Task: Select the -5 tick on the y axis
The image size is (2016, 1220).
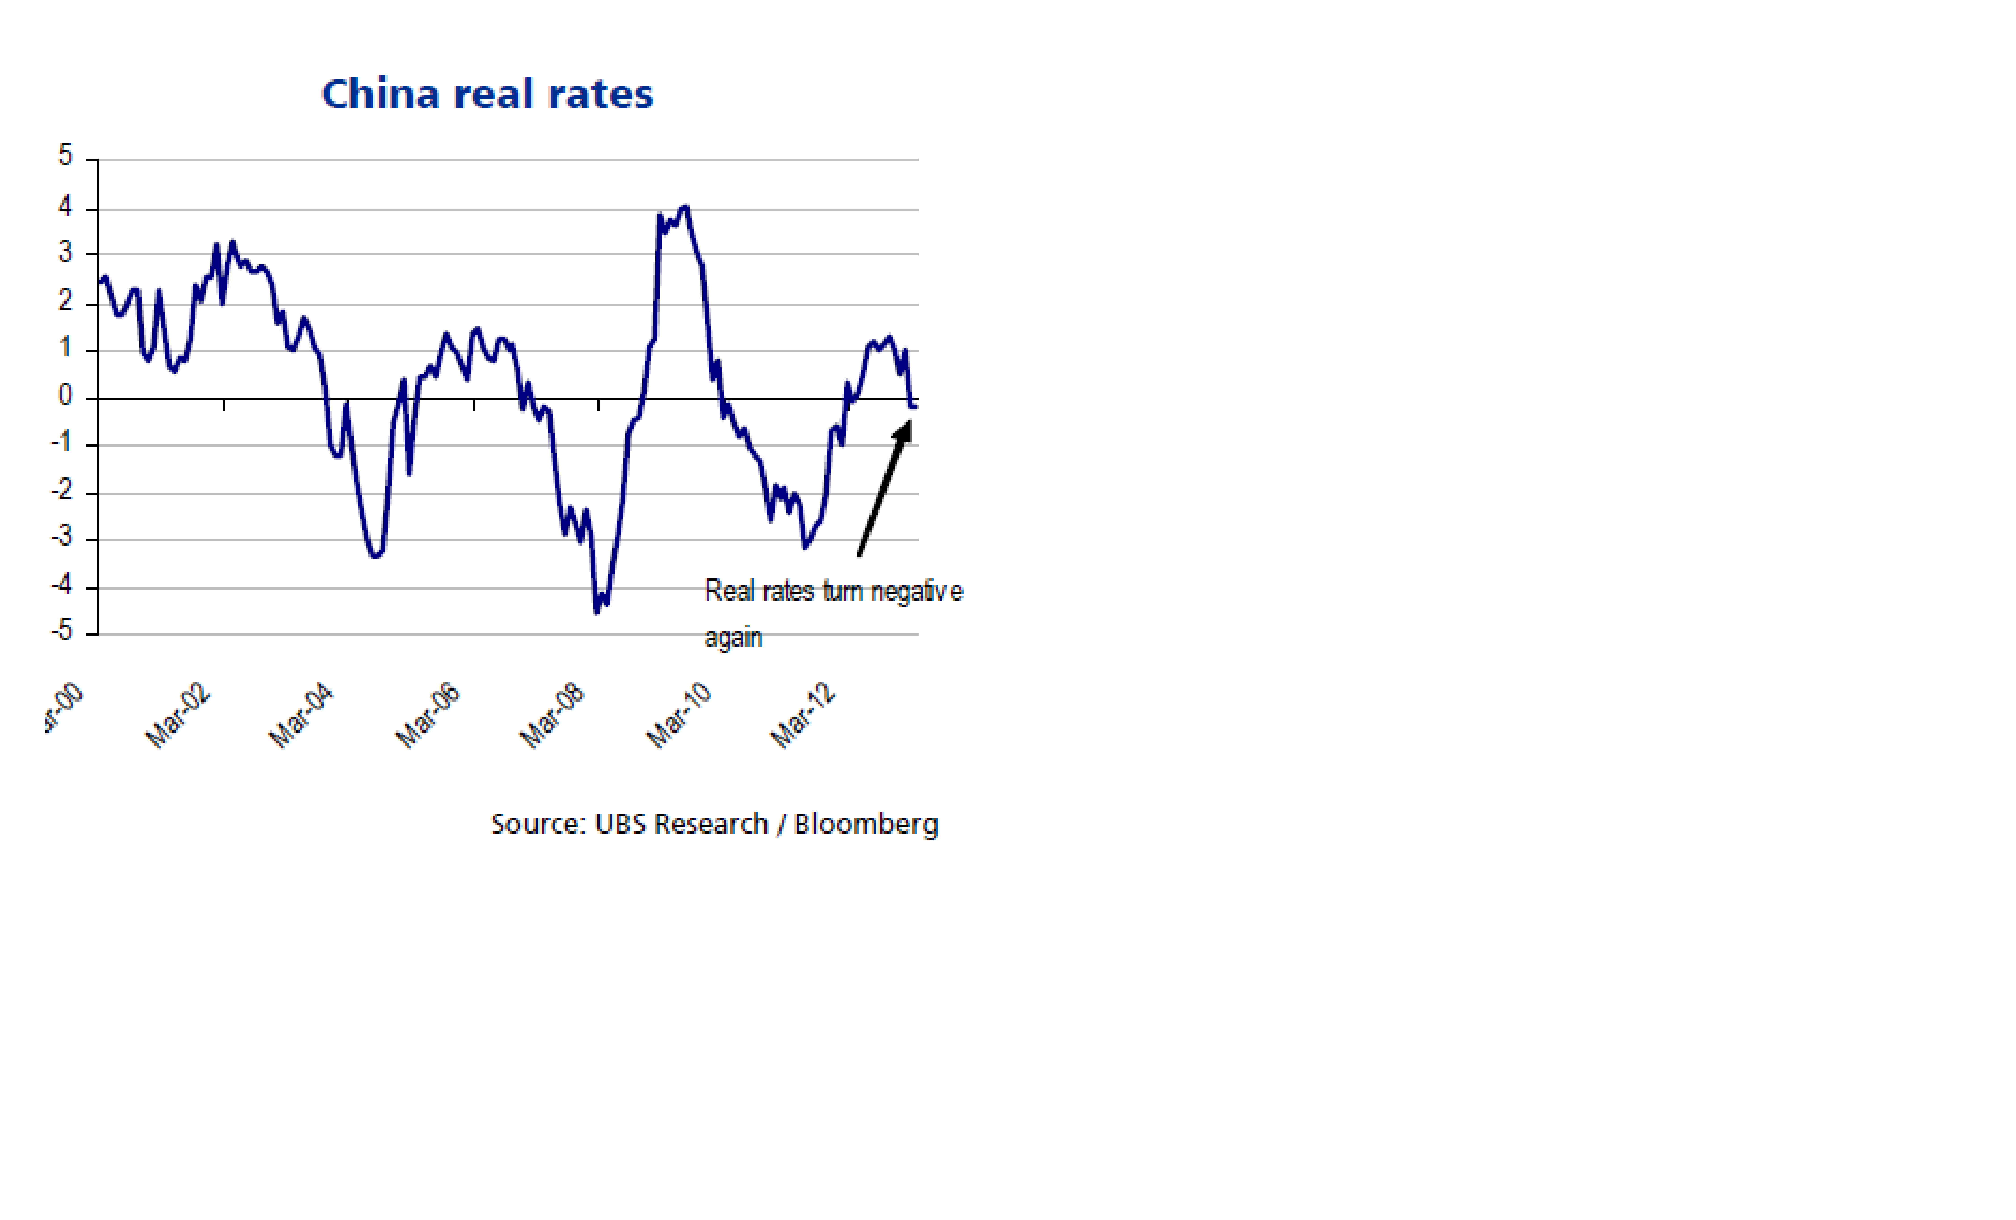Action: click(x=62, y=631)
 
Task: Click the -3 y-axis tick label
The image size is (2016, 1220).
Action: click(x=62, y=537)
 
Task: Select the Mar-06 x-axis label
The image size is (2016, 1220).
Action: click(x=428, y=715)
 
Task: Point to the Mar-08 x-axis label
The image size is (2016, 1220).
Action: click(x=552, y=715)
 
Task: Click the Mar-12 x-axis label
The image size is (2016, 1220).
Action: click(x=803, y=715)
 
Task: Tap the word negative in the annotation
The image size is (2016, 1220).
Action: click(x=916, y=591)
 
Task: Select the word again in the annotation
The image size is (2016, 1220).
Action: click(x=733, y=638)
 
